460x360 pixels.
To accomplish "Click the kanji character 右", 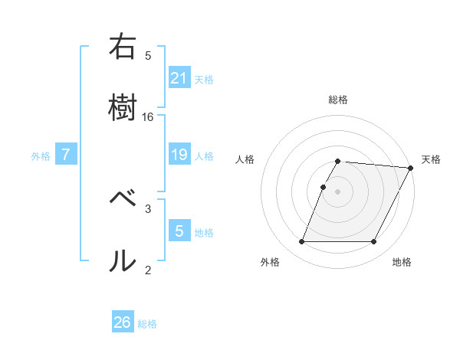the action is [122, 48].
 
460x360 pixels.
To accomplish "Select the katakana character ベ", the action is [122, 198].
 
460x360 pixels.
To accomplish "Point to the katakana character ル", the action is [122, 261].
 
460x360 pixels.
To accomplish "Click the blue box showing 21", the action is [179, 77].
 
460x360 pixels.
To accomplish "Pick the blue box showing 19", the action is [179, 155].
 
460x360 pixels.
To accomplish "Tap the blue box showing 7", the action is [66, 155].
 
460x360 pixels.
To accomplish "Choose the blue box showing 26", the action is [123, 322].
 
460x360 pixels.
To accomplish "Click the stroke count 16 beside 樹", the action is [148, 117].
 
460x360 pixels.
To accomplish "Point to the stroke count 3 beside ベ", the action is [148, 208].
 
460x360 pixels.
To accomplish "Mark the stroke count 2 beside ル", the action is [148, 269].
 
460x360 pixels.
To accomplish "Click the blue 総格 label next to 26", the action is [147, 324].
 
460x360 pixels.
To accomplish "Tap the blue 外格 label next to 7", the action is [41, 156].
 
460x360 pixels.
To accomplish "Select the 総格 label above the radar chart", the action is [338, 100].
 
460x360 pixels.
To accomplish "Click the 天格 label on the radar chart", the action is [431, 159].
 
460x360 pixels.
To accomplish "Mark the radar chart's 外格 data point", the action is [301, 242].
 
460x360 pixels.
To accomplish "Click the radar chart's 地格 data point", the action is [374, 242].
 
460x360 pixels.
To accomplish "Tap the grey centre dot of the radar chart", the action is [338, 191].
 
